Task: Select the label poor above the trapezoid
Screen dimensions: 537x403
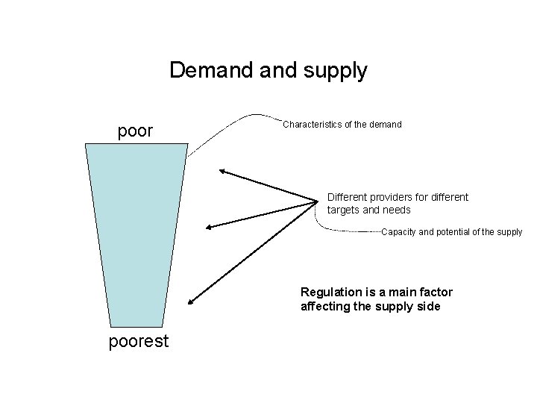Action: coord(136,131)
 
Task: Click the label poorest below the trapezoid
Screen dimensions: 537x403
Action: coord(139,342)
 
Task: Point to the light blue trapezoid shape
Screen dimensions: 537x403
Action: coord(137,231)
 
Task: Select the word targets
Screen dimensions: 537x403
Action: coord(344,210)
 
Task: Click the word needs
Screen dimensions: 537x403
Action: coord(397,210)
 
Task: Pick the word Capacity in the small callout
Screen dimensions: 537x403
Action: coord(399,232)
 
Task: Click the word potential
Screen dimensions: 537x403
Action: coord(451,232)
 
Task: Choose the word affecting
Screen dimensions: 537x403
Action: coord(324,306)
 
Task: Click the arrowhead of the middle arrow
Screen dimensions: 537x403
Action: coord(209,228)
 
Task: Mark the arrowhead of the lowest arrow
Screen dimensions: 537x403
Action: coord(190,302)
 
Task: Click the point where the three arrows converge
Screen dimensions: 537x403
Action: coord(317,200)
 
